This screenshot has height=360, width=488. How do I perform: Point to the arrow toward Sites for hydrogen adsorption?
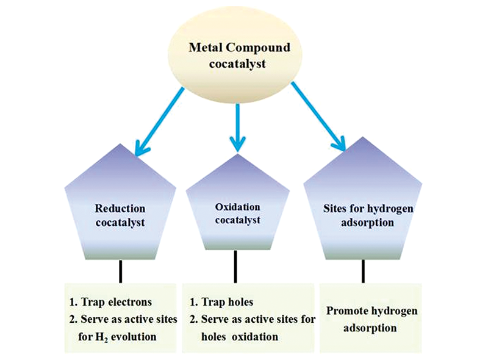[318, 116]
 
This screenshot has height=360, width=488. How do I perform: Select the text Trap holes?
[223, 301]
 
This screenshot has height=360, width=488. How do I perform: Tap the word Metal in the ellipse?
[204, 46]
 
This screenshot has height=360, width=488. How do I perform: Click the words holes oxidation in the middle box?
[241, 336]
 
